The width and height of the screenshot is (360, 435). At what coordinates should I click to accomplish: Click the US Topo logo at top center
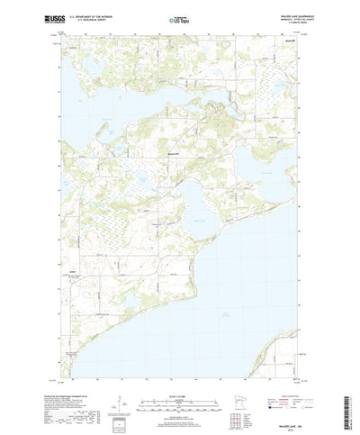point(179,19)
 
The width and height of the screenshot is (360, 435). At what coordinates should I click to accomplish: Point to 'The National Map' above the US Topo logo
point(179,13)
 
